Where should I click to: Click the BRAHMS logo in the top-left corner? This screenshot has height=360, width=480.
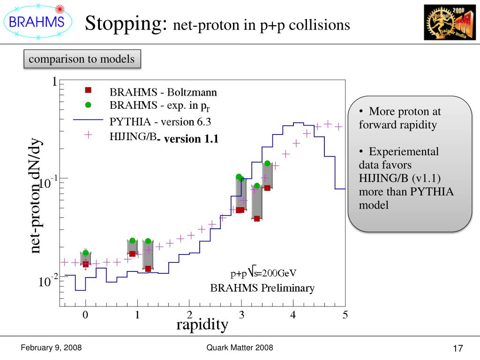37,21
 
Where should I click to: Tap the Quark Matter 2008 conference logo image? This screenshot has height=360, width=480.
449,22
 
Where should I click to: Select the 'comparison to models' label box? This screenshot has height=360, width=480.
82,60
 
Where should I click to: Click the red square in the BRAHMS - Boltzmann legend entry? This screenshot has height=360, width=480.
88,90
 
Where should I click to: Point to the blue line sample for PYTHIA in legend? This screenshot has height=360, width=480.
88,120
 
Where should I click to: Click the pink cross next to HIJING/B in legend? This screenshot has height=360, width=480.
88,135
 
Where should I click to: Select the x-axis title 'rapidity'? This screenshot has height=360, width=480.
202,324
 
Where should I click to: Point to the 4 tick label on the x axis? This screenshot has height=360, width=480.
293,315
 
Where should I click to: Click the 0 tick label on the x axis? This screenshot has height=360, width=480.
85,315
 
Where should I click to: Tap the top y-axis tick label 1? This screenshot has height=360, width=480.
54,82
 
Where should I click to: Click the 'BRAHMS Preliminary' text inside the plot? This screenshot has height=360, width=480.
262,288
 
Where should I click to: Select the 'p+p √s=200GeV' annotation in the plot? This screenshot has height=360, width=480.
263,273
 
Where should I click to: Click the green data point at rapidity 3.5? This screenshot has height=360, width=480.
267,164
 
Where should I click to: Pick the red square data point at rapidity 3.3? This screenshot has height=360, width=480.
257,218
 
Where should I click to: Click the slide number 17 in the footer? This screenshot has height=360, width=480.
458,349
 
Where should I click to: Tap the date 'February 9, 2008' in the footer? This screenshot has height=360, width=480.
52,347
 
